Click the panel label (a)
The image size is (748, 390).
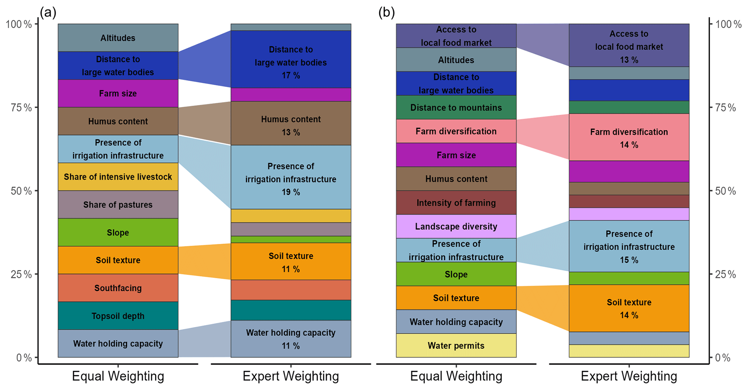coord(48,13)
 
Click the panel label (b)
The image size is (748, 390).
coord(386,13)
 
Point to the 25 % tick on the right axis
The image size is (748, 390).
coord(725,274)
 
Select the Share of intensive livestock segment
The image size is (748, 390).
coord(118,177)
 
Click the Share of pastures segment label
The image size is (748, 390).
coord(118,205)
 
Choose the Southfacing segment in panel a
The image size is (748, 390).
coord(118,288)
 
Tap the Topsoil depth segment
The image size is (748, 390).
coord(118,316)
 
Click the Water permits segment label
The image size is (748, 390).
coord(456,345)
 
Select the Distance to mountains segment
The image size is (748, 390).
coord(456,108)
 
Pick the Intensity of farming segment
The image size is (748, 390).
coord(456,203)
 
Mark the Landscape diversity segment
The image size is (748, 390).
coord(456,226)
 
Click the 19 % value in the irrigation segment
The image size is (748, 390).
coord(291,192)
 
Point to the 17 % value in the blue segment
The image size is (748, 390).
coord(291,75)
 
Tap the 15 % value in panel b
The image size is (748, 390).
coord(629,260)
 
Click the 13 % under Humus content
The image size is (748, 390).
coord(291,133)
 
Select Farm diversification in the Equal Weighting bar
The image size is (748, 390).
coord(456,131)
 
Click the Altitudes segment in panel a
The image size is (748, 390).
coord(118,38)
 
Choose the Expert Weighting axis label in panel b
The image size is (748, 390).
coord(629,376)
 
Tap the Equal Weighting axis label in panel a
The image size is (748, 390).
coord(118,376)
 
